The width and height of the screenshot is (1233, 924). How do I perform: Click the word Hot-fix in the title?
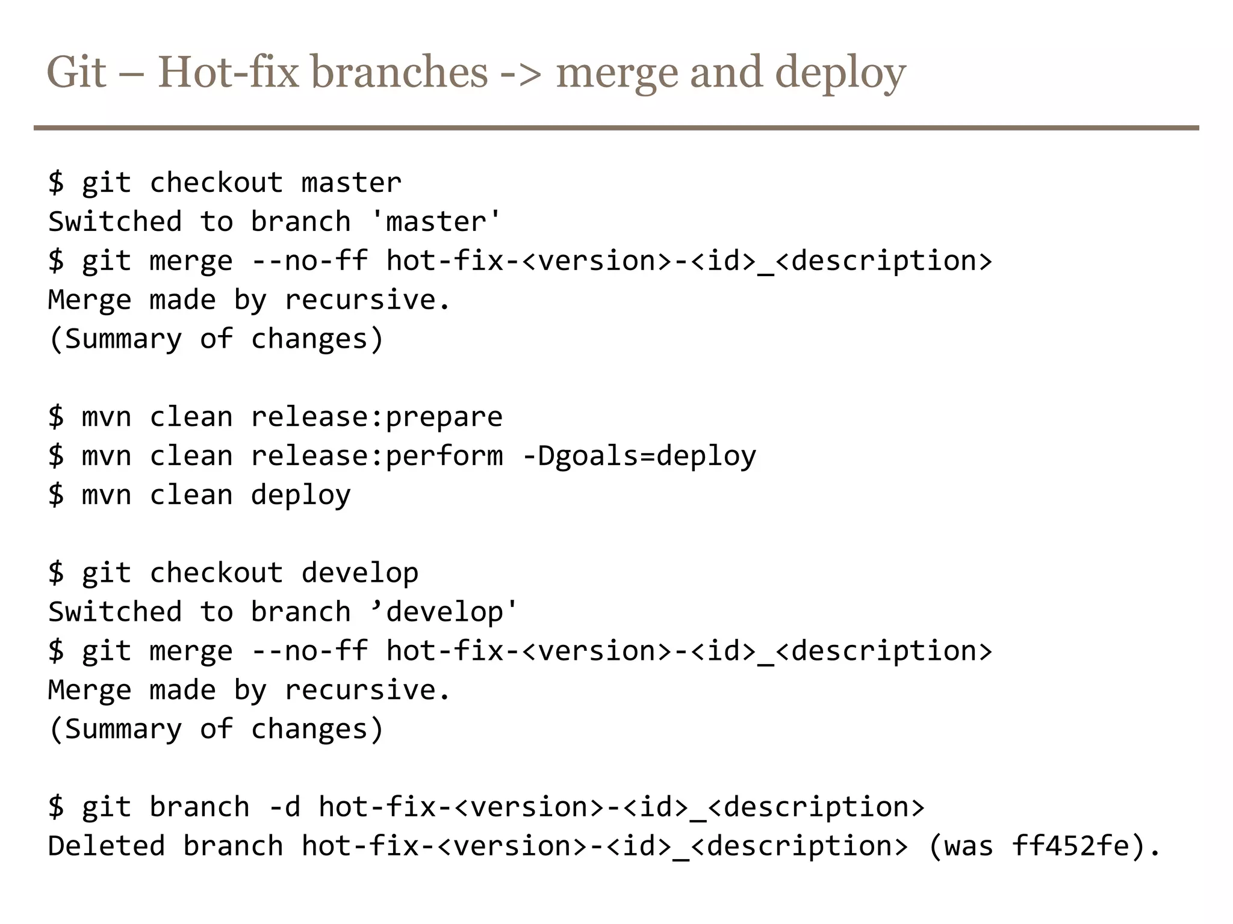pyautogui.click(x=228, y=72)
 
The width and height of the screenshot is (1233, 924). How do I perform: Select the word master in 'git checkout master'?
pyautogui.click(x=351, y=183)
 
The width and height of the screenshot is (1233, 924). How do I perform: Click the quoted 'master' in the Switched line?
pyautogui.click(x=436, y=222)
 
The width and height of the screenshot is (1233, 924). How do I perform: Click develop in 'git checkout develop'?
pyautogui.click(x=359, y=573)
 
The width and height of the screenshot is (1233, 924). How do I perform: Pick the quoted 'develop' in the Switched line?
pyautogui.click(x=444, y=612)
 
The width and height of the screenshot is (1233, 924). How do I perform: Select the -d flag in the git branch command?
pyautogui.click(x=284, y=807)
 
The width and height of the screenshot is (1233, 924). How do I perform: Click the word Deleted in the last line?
pyautogui.click(x=107, y=846)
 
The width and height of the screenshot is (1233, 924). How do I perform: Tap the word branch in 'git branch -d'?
pyautogui.click(x=199, y=807)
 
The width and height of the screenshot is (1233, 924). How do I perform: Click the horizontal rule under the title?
pyautogui.click(x=616, y=128)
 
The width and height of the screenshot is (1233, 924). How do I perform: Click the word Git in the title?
pyautogui.click(x=76, y=72)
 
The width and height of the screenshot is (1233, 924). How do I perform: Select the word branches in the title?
pyautogui.click(x=399, y=72)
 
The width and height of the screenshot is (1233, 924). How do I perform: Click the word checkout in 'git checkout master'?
pyautogui.click(x=216, y=183)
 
